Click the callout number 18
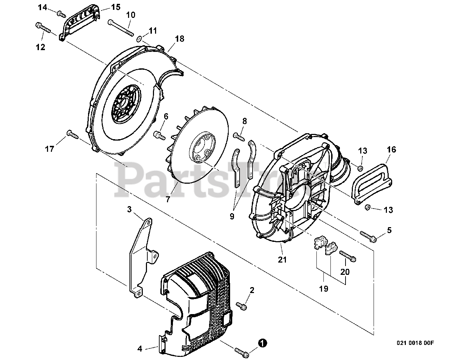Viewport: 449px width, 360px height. [179, 39]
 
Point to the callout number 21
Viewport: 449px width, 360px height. [282, 260]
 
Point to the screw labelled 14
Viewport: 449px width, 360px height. [61, 13]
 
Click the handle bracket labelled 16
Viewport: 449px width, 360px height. [372, 183]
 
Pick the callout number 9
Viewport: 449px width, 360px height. [232, 216]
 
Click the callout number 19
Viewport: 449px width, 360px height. [323, 289]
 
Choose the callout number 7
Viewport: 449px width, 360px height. [168, 199]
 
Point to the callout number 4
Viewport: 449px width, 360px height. [140, 349]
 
